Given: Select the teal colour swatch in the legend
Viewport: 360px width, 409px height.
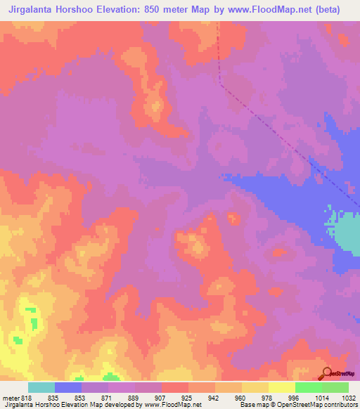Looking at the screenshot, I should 41,388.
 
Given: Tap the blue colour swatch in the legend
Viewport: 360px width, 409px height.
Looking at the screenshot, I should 67,388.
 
